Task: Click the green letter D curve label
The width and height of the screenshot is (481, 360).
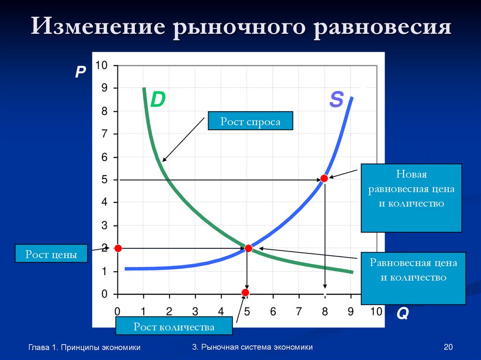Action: (158, 100)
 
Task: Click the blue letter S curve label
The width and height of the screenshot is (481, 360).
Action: (336, 100)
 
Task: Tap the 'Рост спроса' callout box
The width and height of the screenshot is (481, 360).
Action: (250, 121)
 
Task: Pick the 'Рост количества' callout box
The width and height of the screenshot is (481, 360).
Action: (174, 326)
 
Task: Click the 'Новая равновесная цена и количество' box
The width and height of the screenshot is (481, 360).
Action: (411, 198)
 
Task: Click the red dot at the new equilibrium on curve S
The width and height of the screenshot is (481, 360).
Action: (324, 178)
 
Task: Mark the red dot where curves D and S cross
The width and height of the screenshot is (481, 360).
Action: (248, 248)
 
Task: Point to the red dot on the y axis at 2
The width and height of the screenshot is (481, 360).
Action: (118, 248)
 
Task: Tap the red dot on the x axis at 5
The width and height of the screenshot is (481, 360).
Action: (245, 293)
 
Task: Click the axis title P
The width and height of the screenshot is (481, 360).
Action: (80, 71)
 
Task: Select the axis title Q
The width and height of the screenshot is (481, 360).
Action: (402, 314)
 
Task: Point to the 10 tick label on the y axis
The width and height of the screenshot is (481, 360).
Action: (101, 65)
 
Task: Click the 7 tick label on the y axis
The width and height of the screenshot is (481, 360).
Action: (104, 134)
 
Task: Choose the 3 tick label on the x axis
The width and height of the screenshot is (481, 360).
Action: (195, 311)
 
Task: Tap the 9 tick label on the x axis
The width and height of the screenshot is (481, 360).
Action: (350, 311)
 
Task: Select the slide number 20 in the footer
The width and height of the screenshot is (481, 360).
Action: (448, 347)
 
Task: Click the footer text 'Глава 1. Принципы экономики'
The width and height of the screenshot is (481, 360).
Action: (85, 347)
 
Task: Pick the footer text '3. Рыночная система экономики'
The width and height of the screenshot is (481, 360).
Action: (252, 347)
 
